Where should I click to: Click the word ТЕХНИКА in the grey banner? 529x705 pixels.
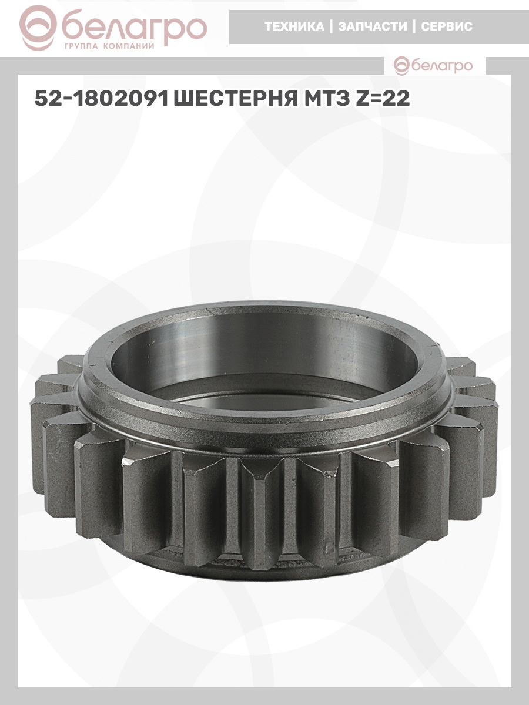[294, 26]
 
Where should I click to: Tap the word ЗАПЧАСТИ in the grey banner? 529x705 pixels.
[373, 26]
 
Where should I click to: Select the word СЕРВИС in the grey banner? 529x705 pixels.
[447, 26]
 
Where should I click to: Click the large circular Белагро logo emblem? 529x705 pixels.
[38, 28]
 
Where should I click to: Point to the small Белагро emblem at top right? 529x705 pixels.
[401, 66]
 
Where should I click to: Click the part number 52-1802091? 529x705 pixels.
[102, 98]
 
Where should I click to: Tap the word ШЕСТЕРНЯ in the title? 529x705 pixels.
[236, 98]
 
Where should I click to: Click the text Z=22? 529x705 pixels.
[383, 98]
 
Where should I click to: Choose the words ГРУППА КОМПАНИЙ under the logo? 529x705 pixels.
[109, 46]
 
